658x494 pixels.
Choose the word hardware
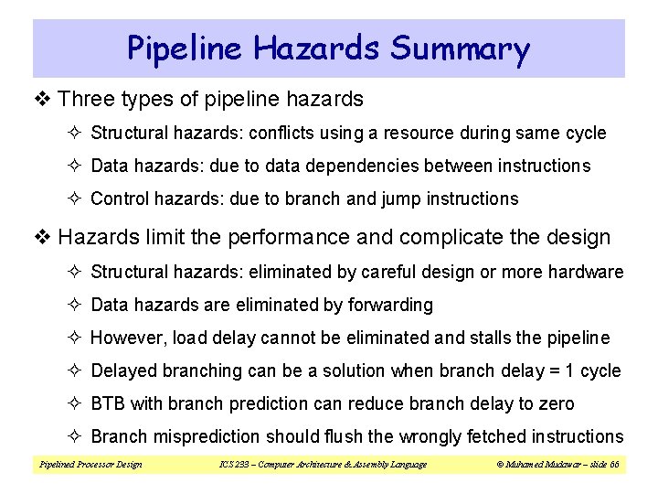(x=590, y=272)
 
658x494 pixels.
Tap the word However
(x=127, y=338)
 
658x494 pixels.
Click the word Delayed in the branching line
(x=124, y=370)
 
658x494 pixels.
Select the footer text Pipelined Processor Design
(x=90, y=465)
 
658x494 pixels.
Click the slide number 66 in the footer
(x=613, y=465)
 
